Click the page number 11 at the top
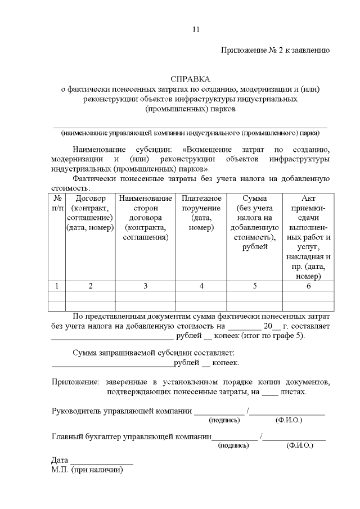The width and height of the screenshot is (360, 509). (x=195, y=29)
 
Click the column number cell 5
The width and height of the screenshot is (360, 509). (x=254, y=286)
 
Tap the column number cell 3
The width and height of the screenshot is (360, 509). (x=145, y=286)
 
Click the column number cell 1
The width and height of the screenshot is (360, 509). (x=57, y=286)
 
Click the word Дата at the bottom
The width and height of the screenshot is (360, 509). (x=60, y=460)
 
